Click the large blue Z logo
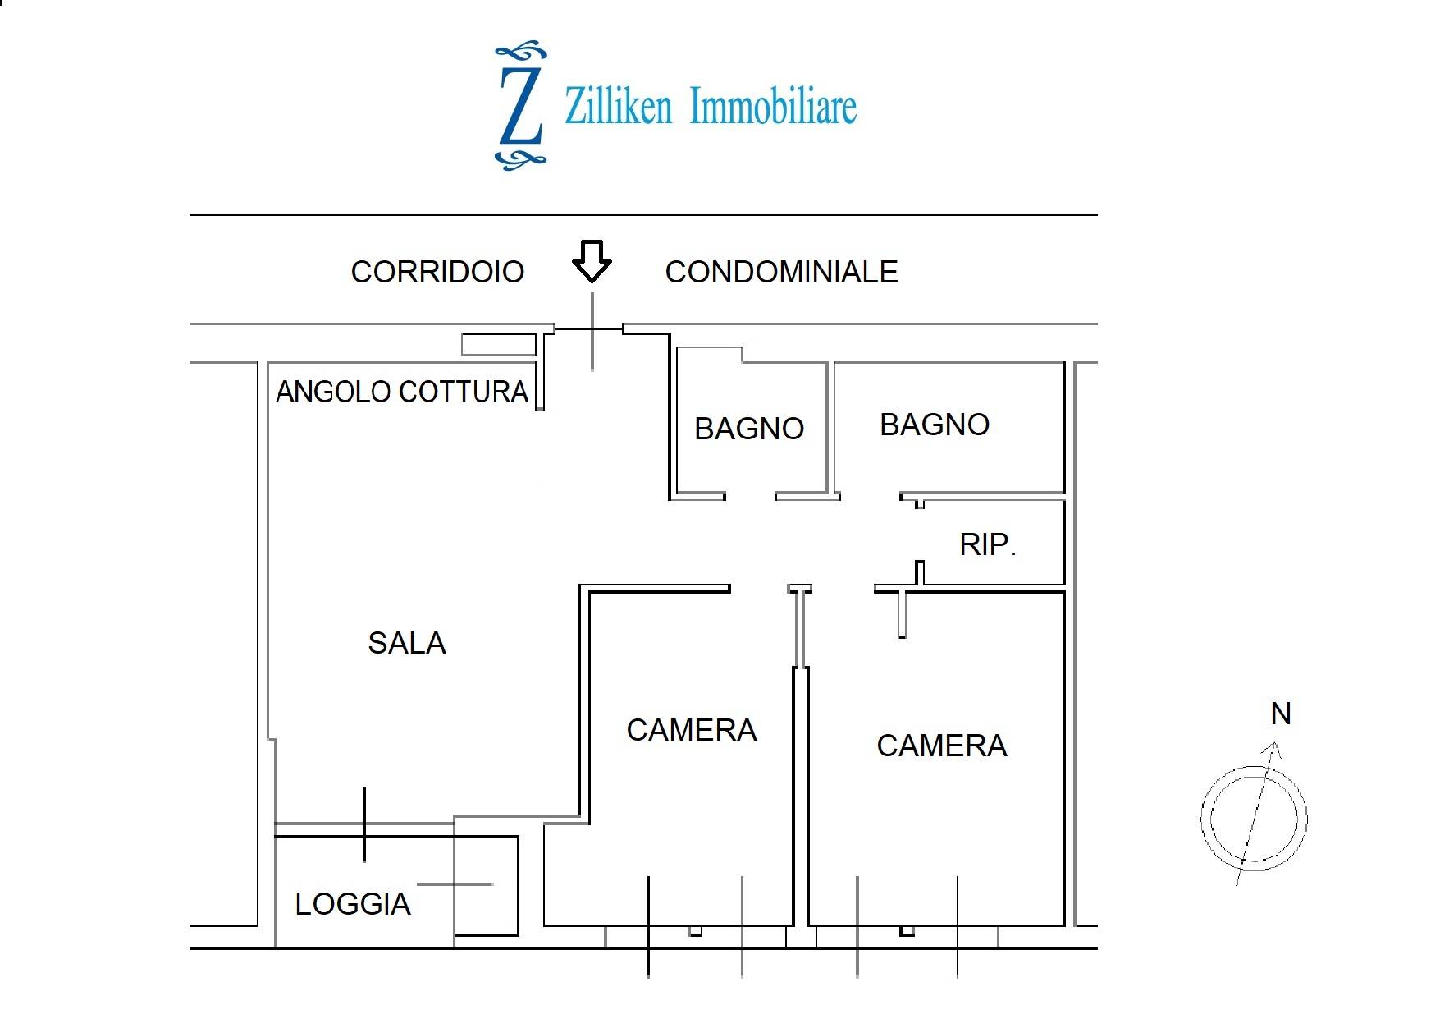click(520, 106)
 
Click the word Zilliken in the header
click(618, 107)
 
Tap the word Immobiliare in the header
click(773, 107)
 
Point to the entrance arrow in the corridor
click(592, 261)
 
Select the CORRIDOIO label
click(437, 272)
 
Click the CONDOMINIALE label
click(781, 272)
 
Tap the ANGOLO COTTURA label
click(402, 392)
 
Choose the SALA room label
click(406, 643)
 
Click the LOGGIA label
click(352, 904)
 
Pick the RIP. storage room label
click(988, 544)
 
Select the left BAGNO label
click(748, 429)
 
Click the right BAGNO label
click(935, 425)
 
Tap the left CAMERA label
click(691, 730)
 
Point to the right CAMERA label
click(941, 746)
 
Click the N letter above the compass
click(1280, 714)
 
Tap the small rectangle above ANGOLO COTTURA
click(498, 345)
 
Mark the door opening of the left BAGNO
click(750, 496)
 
